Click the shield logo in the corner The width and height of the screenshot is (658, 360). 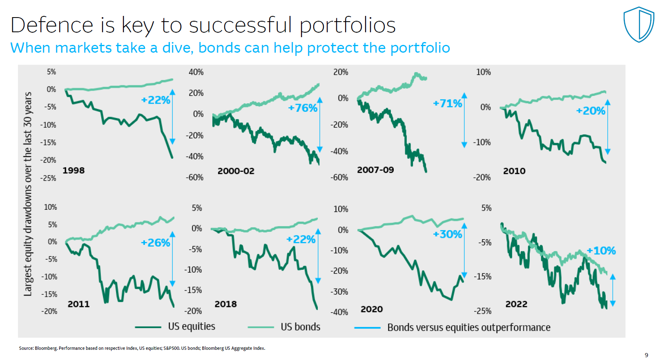click(x=639, y=24)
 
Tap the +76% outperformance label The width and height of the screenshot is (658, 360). click(x=303, y=108)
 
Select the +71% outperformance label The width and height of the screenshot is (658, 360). click(x=448, y=103)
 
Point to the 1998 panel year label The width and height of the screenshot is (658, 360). click(x=74, y=170)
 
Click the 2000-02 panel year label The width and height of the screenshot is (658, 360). click(x=236, y=171)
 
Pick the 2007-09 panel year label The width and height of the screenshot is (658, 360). click(x=375, y=170)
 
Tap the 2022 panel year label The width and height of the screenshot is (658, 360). click(x=516, y=304)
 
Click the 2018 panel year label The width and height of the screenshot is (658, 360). click(x=225, y=304)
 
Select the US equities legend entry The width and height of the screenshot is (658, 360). click(x=192, y=327)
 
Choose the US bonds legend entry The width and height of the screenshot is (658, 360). click(x=300, y=327)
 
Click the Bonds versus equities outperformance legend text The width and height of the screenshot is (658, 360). click(x=468, y=327)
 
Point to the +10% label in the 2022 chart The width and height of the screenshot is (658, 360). click(x=601, y=251)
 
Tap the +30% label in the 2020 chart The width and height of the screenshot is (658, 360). click(x=448, y=234)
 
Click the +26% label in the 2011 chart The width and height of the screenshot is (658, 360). click(x=155, y=243)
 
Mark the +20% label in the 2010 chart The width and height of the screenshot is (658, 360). click(x=591, y=111)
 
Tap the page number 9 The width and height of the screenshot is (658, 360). click(x=646, y=355)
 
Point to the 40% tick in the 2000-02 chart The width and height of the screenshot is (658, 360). click(x=196, y=72)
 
